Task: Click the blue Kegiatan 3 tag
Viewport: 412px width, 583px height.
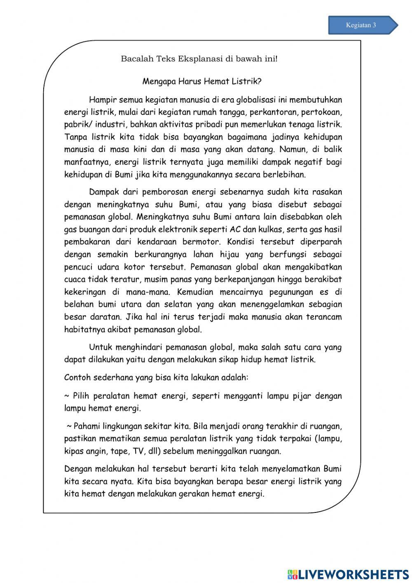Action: [362, 25]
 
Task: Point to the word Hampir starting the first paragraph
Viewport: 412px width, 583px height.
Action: [103, 100]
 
